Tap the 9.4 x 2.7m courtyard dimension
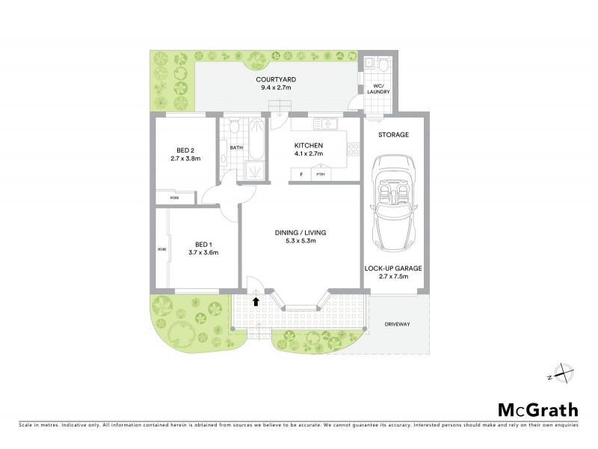(274, 88)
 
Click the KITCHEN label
(308, 145)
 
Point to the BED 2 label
(182, 149)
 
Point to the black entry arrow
(256, 302)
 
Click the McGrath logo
(537, 409)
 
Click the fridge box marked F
(301, 174)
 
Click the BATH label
(236, 147)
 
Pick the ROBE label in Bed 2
(174, 197)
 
